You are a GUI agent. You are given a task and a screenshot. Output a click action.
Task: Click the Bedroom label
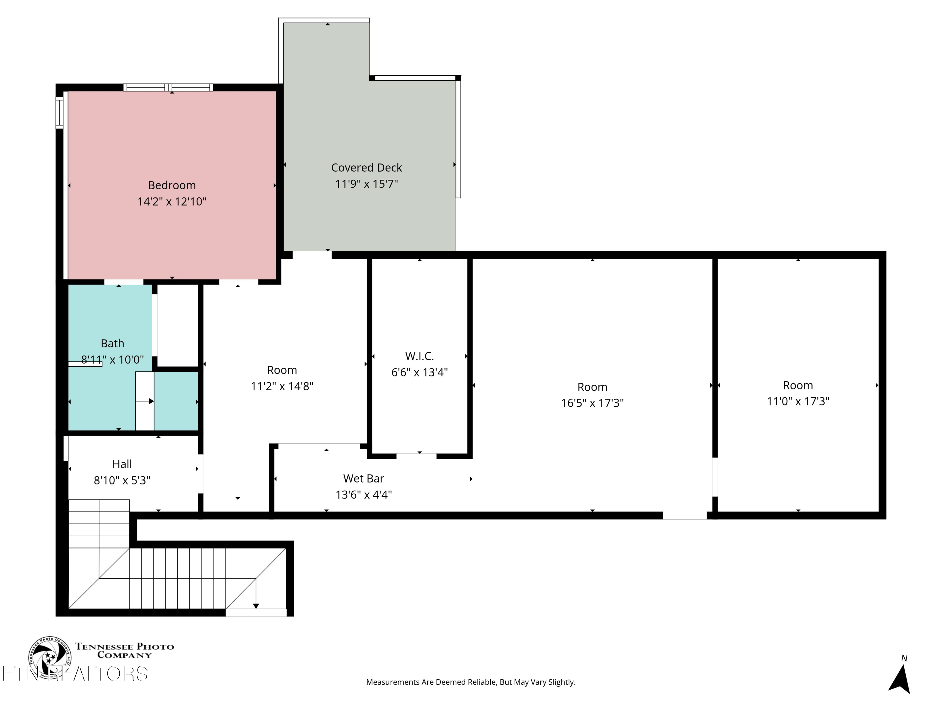pyautogui.click(x=172, y=185)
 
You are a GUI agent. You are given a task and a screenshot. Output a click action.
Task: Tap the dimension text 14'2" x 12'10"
pyautogui.click(x=172, y=201)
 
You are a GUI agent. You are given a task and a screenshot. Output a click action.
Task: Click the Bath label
pyautogui.click(x=112, y=343)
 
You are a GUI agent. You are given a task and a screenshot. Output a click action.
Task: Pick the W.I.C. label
pyautogui.click(x=420, y=356)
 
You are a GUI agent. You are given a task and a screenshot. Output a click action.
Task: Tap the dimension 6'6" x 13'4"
pyautogui.click(x=420, y=372)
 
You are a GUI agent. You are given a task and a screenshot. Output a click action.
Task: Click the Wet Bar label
pyautogui.click(x=364, y=479)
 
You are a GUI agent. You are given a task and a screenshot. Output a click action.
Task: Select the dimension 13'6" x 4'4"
pyautogui.click(x=364, y=495)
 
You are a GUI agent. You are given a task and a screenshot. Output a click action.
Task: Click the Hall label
pyautogui.click(x=122, y=464)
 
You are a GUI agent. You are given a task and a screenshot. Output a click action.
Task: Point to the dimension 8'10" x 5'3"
pyautogui.click(x=122, y=480)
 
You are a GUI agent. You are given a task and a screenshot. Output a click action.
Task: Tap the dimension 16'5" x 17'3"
pyautogui.click(x=593, y=403)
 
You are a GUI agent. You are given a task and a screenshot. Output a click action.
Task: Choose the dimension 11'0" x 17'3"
pyautogui.click(x=798, y=401)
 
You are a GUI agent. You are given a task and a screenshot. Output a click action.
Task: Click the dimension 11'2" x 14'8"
pyautogui.click(x=282, y=386)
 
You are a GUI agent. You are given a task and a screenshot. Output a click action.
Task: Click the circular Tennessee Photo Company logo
pyautogui.click(x=50, y=657)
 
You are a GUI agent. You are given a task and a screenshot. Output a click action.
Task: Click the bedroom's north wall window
pyautogui.click(x=168, y=88)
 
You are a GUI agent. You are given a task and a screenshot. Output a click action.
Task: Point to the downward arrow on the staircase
pyautogui.click(x=256, y=593)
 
